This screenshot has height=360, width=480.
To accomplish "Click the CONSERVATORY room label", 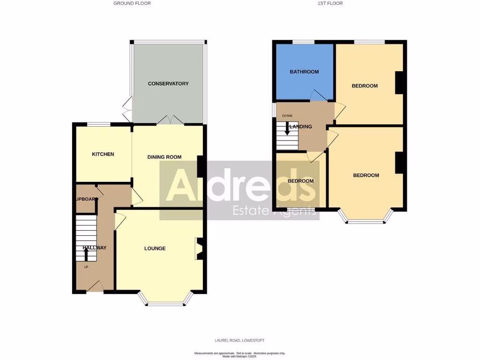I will pyautogui.click(x=168, y=84).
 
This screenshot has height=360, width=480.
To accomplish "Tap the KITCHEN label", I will pyautogui.click(x=103, y=154).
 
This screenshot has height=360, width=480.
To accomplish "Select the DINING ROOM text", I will pyautogui.click(x=164, y=157).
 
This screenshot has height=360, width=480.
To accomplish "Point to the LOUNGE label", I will pyautogui.click(x=155, y=248).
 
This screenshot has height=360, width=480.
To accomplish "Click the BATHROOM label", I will pyautogui.click(x=304, y=72).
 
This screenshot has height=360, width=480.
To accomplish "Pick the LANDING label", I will pyautogui.click(x=300, y=127).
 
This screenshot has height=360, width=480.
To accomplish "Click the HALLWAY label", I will pyautogui.click(x=94, y=248).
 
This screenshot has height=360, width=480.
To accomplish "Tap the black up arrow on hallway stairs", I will pyautogui.click(x=86, y=254).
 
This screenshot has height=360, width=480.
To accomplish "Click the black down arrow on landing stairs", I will pyautogui.click(x=287, y=128).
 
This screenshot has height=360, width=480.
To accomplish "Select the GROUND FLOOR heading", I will pyautogui.click(x=132, y=3).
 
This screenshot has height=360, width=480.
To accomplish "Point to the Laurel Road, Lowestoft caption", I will pyautogui.click(x=240, y=340).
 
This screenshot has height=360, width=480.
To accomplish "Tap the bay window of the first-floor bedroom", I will pyautogui.click(x=366, y=221).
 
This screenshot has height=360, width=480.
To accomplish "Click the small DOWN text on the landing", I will pyautogui.click(x=287, y=116).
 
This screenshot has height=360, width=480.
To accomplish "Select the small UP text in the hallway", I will pyautogui.click(x=86, y=267).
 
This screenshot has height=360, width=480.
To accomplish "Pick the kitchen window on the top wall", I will pyautogui.click(x=98, y=124).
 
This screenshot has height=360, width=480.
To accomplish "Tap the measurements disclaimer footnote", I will pyautogui.click(x=240, y=354).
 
